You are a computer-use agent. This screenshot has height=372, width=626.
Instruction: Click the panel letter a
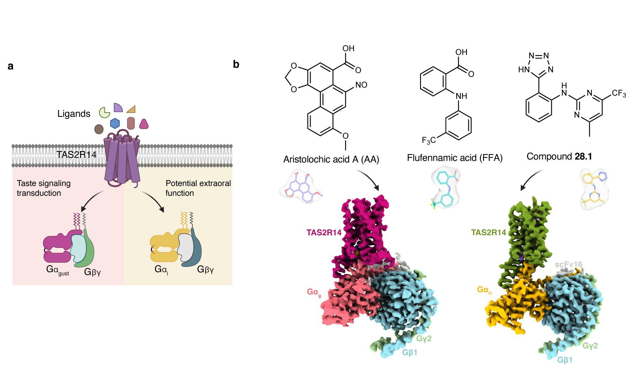click(x=10, y=66)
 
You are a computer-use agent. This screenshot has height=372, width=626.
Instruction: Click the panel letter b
click(x=236, y=64)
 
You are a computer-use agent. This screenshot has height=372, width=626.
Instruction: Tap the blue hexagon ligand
click(x=115, y=123)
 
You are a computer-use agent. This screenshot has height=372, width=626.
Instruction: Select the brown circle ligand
click(x=99, y=129)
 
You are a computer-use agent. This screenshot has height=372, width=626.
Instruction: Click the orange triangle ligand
click(x=131, y=109)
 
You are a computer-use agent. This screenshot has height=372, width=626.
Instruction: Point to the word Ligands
click(x=74, y=114)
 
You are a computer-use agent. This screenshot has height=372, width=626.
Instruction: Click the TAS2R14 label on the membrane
click(x=76, y=154)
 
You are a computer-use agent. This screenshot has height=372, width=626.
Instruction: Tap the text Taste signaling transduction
click(x=44, y=188)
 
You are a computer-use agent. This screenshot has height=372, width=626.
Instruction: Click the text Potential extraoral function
click(x=198, y=188)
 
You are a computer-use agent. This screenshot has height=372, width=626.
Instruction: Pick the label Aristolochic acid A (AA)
click(x=331, y=159)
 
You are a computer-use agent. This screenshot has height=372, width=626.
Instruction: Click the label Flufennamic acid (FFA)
click(x=455, y=158)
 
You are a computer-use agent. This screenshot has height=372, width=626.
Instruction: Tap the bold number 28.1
click(x=583, y=157)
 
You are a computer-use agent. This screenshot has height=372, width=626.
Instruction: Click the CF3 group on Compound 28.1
click(x=618, y=94)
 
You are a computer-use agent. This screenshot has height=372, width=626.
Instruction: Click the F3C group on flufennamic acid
click(x=429, y=141)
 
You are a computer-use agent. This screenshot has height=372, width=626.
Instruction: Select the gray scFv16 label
click(x=568, y=264)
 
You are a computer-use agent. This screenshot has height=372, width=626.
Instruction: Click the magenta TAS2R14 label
click(x=324, y=232)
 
